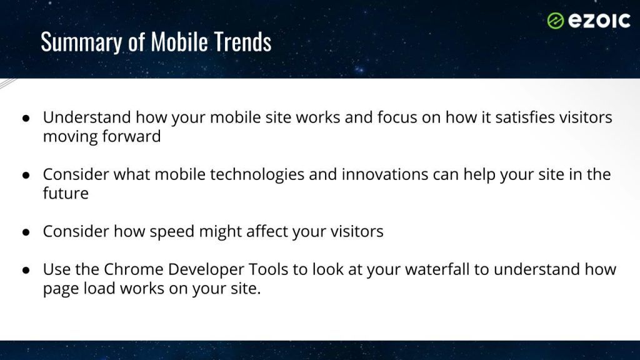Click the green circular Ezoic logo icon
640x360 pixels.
click(x=555, y=21)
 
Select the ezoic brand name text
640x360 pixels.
click(x=599, y=21)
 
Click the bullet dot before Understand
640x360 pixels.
click(x=26, y=118)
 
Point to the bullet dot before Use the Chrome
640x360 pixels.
click(x=26, y=270)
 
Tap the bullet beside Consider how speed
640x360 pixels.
click(x=26, y=232)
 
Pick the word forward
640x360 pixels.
click(x=131, y=136)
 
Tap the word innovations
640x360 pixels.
click(x=385, y=174)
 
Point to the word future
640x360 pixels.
click(x=66, y=194)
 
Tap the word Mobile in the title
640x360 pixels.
click(x=179, y=42)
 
